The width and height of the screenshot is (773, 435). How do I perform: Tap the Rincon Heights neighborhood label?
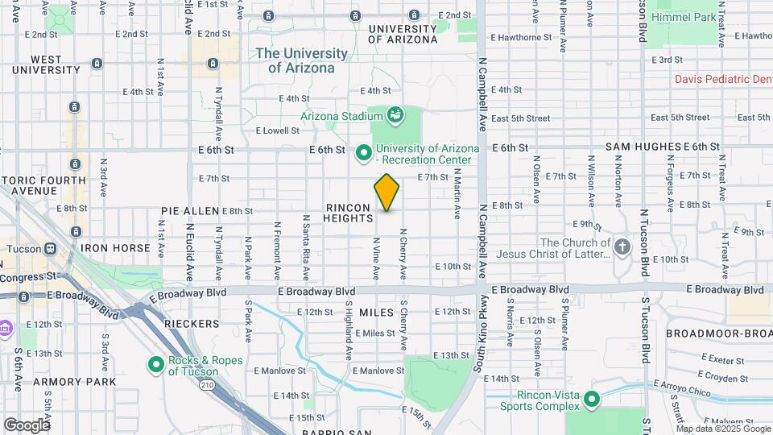349,213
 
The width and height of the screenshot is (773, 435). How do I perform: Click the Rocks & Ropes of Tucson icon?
156,365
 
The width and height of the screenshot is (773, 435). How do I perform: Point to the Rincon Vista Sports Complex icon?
592,398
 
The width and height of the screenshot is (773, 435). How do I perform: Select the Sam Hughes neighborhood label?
643,147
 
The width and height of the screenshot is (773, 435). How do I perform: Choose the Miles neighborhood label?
376,312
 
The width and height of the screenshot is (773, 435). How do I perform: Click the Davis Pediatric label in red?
722,79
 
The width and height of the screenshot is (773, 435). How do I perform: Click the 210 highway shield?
208,386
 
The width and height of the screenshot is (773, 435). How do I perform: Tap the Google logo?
26,425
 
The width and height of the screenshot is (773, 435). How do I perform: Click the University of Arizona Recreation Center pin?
363,151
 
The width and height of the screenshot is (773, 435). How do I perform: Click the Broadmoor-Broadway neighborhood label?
719,333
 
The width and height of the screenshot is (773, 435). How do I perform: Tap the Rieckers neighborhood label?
192,324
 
